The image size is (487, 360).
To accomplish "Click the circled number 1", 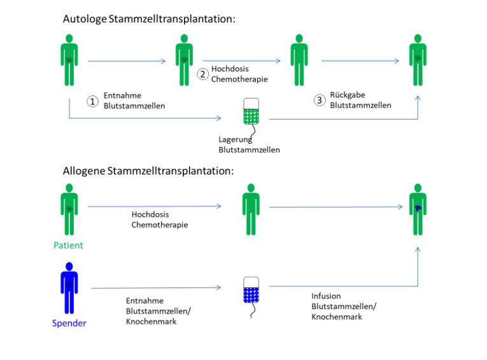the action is coord(92,101).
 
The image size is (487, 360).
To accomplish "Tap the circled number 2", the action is coord(202,74).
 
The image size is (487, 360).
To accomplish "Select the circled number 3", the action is coord(320,100).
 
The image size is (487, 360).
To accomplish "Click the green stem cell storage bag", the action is coord(251,111).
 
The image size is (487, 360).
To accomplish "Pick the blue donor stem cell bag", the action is coord(251,289).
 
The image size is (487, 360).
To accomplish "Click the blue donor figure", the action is coord(69,288).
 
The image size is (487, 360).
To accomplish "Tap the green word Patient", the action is coord(68,245).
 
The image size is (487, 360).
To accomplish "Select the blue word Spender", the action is coord(69,323).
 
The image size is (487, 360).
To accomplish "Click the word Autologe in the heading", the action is coord(85,19).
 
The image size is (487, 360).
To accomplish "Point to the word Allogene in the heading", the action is coord(84,171).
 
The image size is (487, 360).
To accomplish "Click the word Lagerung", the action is coord(235,140).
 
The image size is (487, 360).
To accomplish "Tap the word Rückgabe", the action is coord(347,95).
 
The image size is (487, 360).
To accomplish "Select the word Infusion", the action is coord(326,296).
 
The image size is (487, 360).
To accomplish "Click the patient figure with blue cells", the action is coord(418,209).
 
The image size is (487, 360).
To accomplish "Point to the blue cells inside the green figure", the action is coord(418,207).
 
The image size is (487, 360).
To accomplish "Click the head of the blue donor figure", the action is coord(69,267).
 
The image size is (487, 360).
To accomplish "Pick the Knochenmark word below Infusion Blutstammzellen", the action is coord(337,317).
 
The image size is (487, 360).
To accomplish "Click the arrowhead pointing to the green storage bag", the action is coord(219,118).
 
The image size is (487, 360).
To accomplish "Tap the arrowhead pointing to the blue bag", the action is coord(219,287).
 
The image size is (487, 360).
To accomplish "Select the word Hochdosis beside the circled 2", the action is coord(230,69).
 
